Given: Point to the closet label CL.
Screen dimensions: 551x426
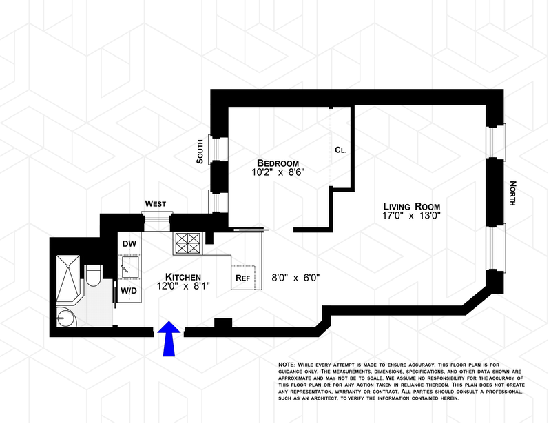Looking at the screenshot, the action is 340,150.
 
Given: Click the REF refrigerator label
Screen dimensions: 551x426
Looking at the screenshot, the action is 242,278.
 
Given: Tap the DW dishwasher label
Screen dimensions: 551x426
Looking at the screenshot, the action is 128,244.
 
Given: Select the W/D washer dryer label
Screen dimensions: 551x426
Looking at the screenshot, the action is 129,291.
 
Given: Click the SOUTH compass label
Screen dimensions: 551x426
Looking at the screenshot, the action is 200,151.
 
